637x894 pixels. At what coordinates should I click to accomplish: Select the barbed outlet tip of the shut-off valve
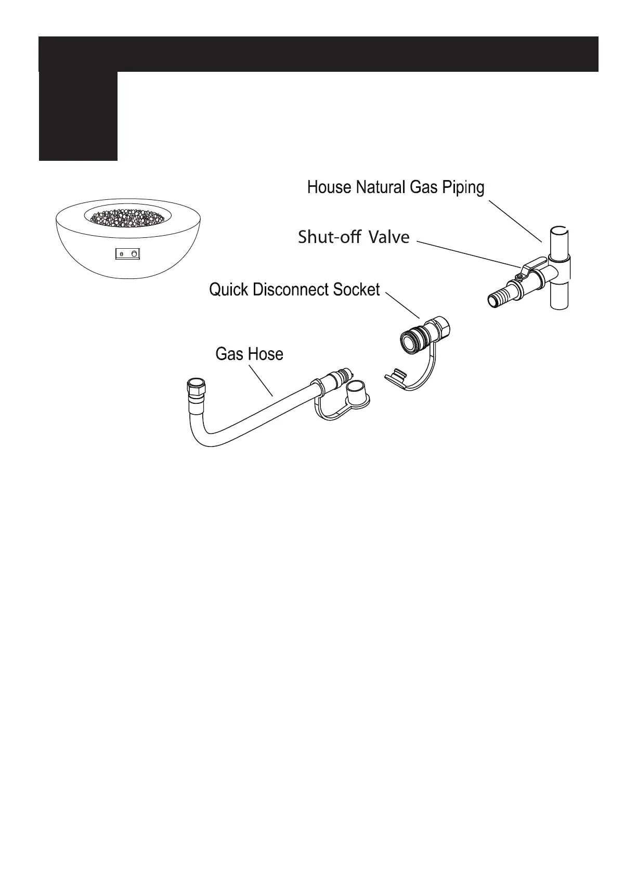click(x=495, y=300)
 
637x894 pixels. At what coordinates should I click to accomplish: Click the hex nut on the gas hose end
click(x=196, y=388)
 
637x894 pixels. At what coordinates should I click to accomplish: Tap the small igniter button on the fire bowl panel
click(x=121, y=254)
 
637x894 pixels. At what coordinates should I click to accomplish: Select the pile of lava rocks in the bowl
click(x=127, y=216)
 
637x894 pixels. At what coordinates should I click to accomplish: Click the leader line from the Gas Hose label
click(x=261, y=380)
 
